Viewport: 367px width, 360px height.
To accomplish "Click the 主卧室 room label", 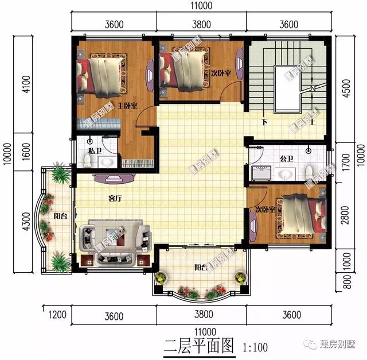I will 127,106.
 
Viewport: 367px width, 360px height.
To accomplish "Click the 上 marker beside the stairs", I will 312,122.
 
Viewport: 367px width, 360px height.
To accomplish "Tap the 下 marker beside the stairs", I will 264,122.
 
